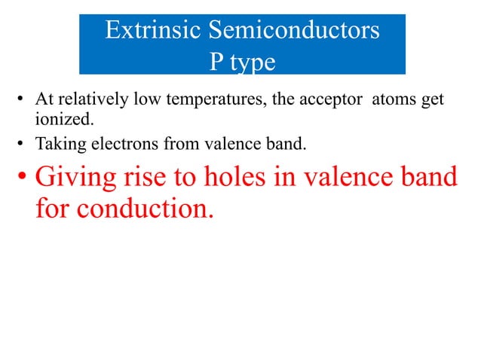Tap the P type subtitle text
pyautogui.click(x=241, y=62)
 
